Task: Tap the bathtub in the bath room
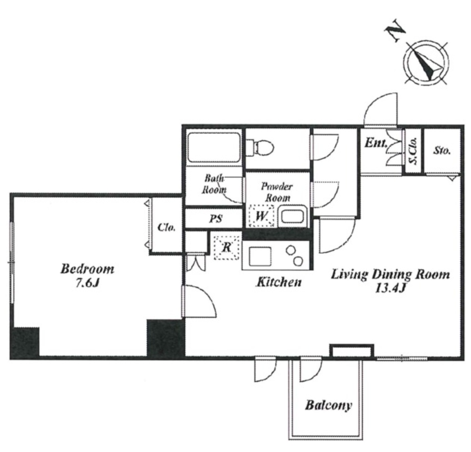214,148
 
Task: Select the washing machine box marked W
261,216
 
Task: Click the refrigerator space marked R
226,248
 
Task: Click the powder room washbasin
292,216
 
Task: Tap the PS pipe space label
215,219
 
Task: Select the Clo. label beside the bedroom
166,228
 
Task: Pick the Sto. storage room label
442,151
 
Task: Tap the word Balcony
328,405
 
